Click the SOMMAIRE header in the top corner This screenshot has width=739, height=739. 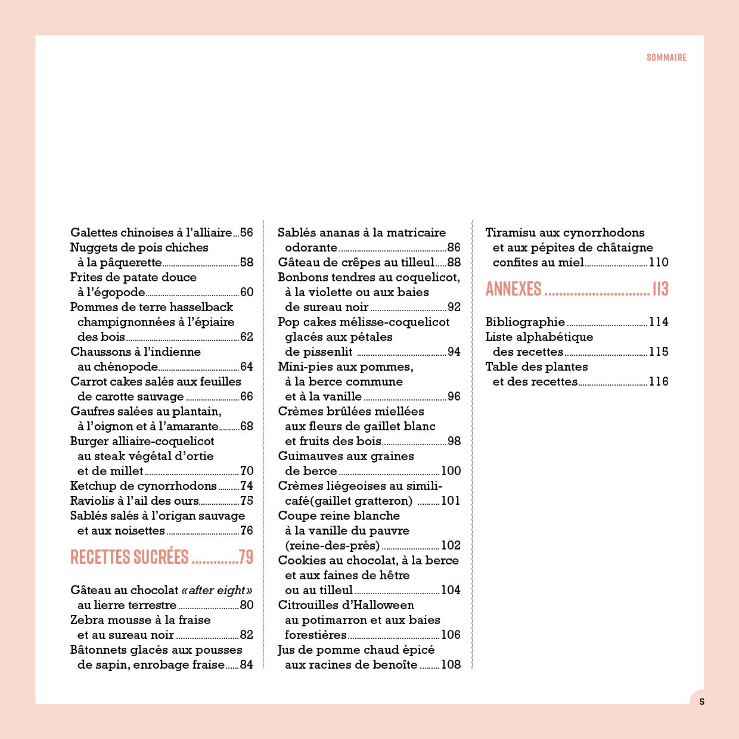[x=666, y=57]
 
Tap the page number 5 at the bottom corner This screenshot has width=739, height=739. [x=701, y=701]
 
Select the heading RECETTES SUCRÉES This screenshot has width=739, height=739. [x=129, y=557]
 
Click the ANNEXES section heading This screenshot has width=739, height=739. [x=513, y=289]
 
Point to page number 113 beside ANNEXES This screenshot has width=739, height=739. [x=660, y=289]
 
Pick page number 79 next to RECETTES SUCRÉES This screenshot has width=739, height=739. [x=246, y=557]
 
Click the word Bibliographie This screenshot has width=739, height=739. [x=525, y=322]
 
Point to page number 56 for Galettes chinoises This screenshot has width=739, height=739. [x=246, y=232]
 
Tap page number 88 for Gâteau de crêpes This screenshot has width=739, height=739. [x=454, y=262]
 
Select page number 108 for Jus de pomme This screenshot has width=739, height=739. [x=451, y=665]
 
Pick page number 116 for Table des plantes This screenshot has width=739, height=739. [x=659, y=381]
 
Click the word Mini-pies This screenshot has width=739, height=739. [x=304, y=367]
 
